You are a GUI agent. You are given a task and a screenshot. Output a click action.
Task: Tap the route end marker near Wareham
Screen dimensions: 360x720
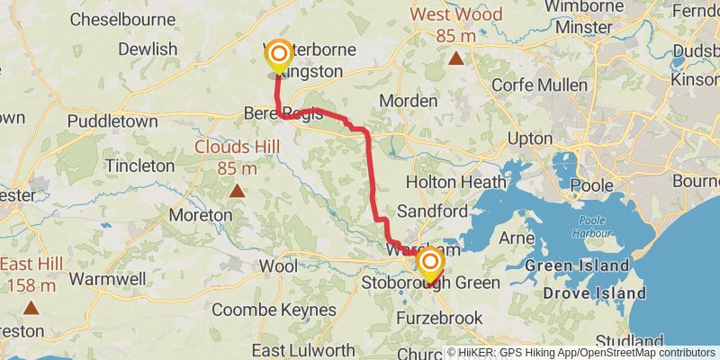[431, 264]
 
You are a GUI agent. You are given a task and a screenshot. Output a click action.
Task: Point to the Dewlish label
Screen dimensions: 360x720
[147, 49]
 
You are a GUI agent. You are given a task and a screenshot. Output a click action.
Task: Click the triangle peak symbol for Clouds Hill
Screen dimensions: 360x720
[237, 190]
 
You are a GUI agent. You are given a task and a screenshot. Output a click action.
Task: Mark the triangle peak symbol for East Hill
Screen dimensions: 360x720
[31, 308]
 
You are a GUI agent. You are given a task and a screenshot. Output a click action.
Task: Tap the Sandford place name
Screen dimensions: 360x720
[432, 211]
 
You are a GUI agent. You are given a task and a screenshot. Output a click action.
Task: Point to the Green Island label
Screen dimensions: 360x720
[577, 266]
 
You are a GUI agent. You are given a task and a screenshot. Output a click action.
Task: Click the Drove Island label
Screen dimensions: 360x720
[595, 293]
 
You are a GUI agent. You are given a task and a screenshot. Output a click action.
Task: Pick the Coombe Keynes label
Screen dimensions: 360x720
[274, 310]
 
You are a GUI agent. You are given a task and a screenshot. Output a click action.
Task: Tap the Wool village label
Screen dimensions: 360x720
[277, 266]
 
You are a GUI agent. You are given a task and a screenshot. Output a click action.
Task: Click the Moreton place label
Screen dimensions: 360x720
[201, 215]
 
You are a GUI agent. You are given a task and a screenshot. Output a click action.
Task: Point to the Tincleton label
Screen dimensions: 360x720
[139, 166]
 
